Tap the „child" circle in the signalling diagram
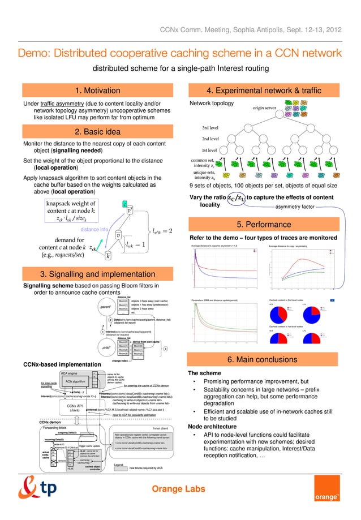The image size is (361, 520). (108, 347)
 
